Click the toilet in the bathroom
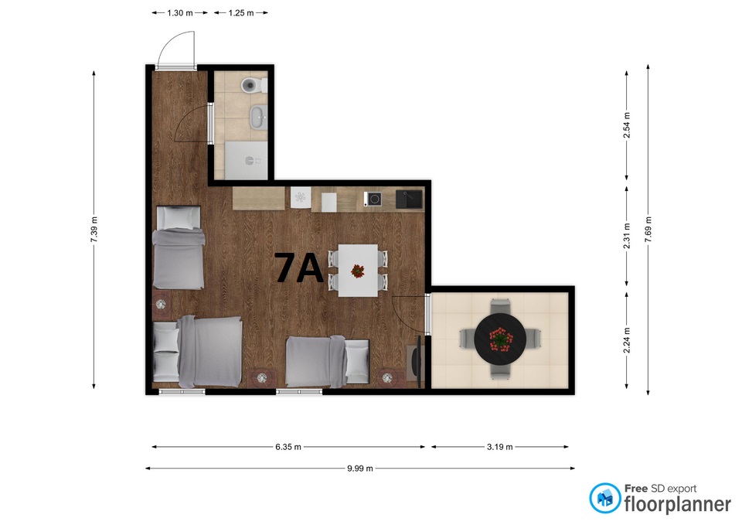[x=254, y=86]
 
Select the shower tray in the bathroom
[x=246, y=160]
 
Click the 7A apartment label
[x=298, y=268]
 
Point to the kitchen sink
[x=410, y=199]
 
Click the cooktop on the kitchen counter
[x=373, y=199]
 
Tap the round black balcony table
[x=500, y=339]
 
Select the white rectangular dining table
[x=358, y=271]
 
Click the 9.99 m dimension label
[x=360, y=469]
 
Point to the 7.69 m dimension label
[x=648, y=229]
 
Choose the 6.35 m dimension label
[x=288, y=447]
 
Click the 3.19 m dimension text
[x=500, y=447]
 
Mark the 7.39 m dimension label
[x=94, y=229]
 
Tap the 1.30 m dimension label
[x=180, y=13]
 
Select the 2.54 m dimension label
[x=627, y=125]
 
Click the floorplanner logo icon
[x=605, y=498]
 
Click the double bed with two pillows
[x=197, y=351]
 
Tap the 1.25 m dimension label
[x=241, y=13]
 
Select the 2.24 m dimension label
[x=627, y=340]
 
